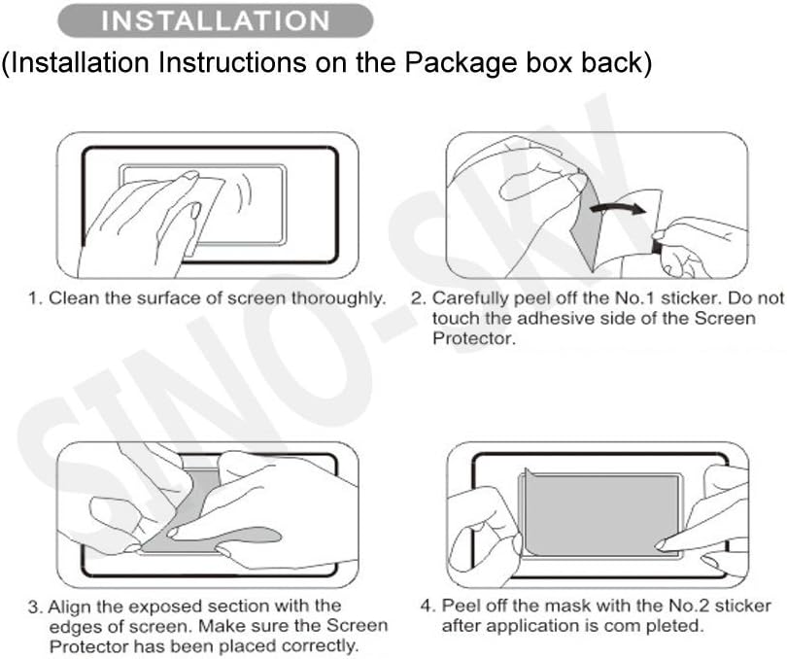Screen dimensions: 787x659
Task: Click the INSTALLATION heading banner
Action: pyautogui.click(x=215, y=19)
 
